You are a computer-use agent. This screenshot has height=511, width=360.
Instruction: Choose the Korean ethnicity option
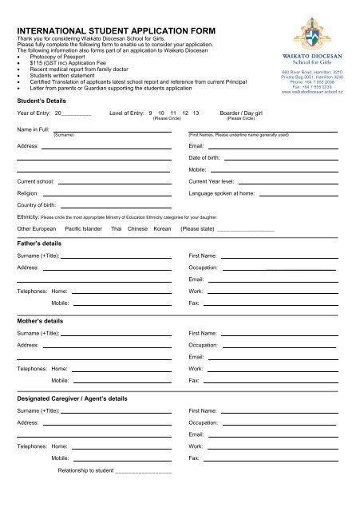click(162, 228)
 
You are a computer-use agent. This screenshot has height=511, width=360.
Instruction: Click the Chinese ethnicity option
click(137, 228)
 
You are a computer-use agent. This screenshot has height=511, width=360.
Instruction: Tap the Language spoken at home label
click(222, 193)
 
